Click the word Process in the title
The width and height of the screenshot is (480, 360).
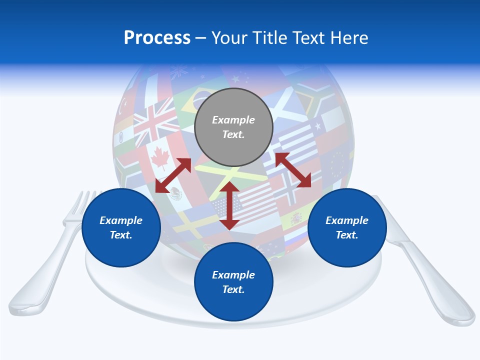coord(157,38)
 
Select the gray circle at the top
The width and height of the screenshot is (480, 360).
coord(233,127)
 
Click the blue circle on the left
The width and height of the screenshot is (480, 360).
coord(121,227)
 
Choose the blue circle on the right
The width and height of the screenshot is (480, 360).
coord(347,227)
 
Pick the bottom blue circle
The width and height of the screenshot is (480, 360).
coord(233,282)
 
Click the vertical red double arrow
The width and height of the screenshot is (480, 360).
coord(229,205)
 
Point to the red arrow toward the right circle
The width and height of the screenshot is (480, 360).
coord(293,170)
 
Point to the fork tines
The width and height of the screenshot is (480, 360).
coord(84,202)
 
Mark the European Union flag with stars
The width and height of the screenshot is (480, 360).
coord(340,162)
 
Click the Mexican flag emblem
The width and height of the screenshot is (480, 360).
coord(175,192)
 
